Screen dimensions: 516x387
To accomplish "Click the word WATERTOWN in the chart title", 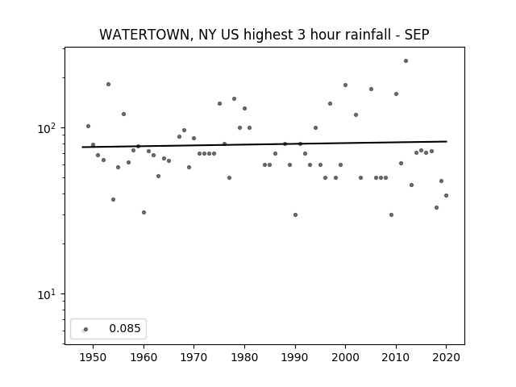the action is (144, 35).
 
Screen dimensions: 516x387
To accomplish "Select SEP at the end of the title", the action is (417, 35).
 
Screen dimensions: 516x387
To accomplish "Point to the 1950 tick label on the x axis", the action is (93, 357).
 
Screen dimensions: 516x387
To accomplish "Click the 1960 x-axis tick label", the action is (144, 357).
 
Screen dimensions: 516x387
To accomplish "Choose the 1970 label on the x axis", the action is (193, 357).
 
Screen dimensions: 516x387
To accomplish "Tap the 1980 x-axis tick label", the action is (244, 357).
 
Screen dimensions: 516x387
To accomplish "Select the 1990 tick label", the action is (295, 357).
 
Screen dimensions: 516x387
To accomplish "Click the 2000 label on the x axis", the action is (345, 357).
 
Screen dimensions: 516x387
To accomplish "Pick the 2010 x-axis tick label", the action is (396, 357).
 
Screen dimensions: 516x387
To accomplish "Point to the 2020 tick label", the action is (446, 357).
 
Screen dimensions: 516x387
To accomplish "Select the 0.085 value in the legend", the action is (125, 328).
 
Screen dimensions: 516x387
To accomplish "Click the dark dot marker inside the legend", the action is (86, 330).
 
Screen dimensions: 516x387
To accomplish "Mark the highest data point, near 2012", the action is (406, 61).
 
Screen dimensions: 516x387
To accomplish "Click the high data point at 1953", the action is (108, 84).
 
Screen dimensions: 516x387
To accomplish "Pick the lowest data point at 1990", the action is (295, 215).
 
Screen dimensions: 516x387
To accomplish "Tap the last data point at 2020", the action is (446, 195).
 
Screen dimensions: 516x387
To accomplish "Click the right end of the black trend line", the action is (447, 142).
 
